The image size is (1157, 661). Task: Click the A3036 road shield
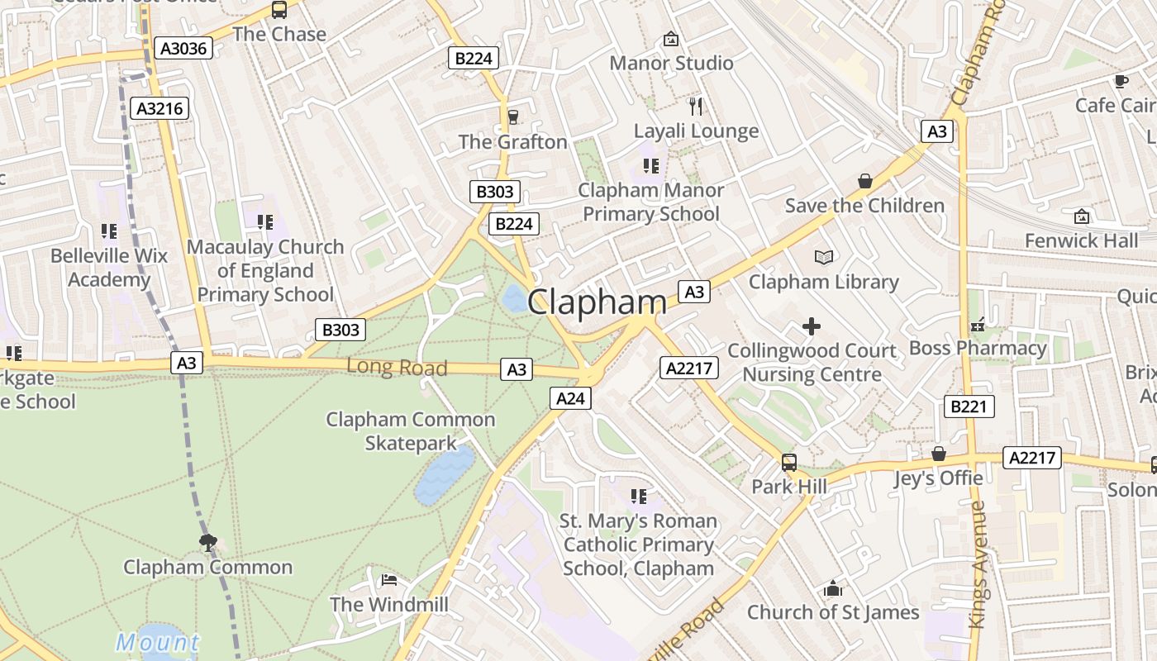(x=183, y=49)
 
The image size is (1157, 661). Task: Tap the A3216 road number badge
(x=160, y=108)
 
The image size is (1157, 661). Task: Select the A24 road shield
(x=570, y=399)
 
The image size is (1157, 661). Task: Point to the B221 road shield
(x=969, y=407)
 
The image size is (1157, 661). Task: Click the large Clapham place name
(x=597, y=302)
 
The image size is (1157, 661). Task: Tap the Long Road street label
(x=397, y=367)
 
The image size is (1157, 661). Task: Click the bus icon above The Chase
(x=279, y=10)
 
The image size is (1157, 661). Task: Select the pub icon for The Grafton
(x=513, y=117)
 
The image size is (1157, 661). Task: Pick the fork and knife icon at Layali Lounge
(x=696, y=106)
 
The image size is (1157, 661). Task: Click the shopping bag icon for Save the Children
(x=864, y=180)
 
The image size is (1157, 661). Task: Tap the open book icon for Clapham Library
(x=823, y=257)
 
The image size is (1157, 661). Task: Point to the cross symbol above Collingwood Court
(x=812, y=326)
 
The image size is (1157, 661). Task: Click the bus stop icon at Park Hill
(x=789, y=462)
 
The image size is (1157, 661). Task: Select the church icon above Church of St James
(x=833, y=588)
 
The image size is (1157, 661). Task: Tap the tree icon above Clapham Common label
(x=207, y=542)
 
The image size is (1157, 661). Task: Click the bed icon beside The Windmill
(x=389, y=580)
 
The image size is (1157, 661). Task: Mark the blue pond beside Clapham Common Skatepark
(x=445, y=475)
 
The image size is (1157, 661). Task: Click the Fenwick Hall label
(x=1081, y=240)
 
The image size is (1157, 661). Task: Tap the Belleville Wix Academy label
(x=108, y=267)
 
